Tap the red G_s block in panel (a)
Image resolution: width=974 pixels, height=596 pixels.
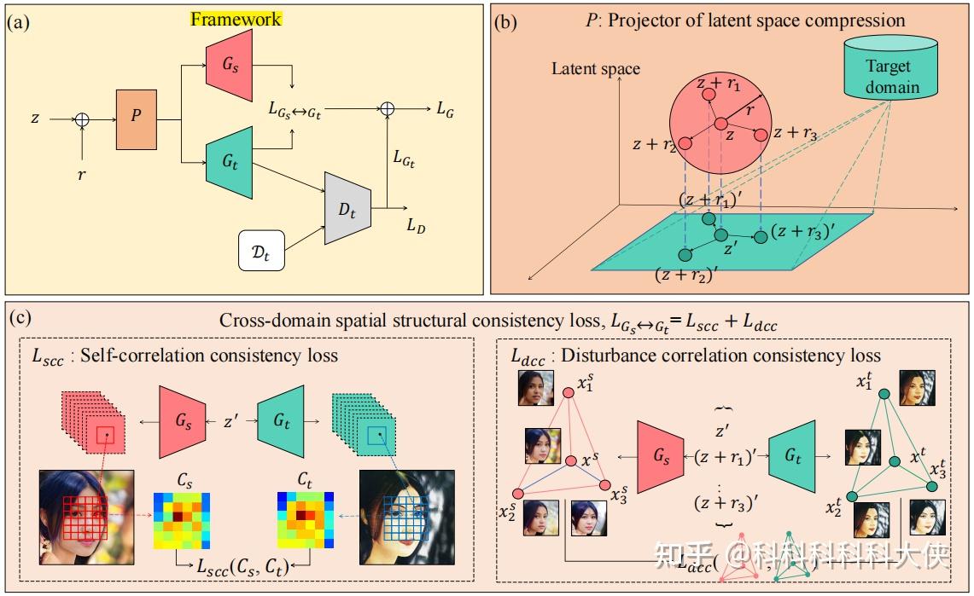click(228, 67)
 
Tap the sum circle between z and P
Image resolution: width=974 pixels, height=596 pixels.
click(81, 120)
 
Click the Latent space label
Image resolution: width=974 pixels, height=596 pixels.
click(596, 68)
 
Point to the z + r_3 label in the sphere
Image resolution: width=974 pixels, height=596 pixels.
click(794, 134)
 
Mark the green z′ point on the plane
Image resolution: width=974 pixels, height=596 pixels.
click(721, 234)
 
